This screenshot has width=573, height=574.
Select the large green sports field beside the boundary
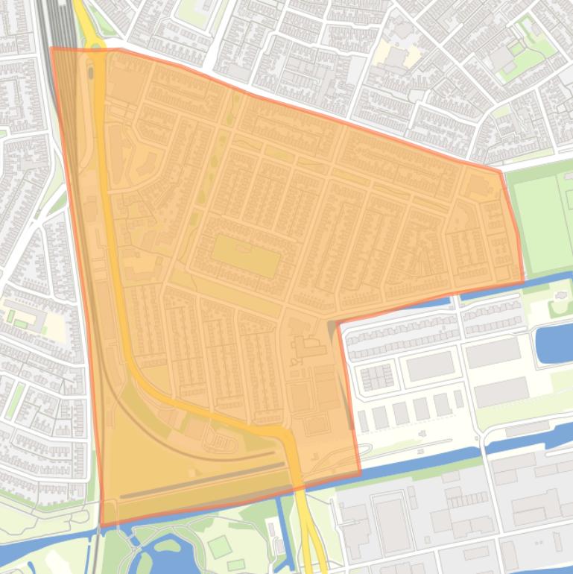pyautogui.click(x=541, y=222)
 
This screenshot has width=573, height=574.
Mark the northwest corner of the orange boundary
pyautogui.click(x=51, y=48)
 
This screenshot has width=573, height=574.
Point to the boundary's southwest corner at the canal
pyautogui.click(x=101, y=526)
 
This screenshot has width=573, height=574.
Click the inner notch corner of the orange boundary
pyautogui.click(x=339, y=324)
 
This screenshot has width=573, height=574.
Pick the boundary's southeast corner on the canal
pyautogui.click(x=361, y=473)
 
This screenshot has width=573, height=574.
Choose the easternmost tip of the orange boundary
pyautogui.click(x=523, y=282)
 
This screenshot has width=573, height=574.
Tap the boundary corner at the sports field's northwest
pyautogui.click(x=500, y=172)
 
